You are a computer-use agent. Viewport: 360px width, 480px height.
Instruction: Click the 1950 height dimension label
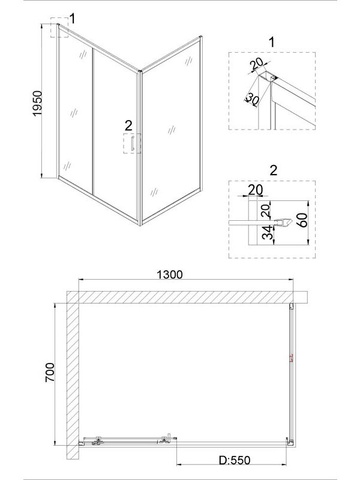pyautogui.click(x=37, y=103)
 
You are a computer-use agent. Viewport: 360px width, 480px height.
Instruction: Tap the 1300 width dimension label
pyautogui.click(x=170, y=275)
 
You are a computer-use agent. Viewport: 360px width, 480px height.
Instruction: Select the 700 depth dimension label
pyautogui.click(x=50, y=372)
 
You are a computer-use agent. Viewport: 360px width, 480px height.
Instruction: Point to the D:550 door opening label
pyautogui.click(x=235, y=460)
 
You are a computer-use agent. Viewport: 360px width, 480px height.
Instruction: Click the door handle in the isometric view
pyautogui.click(x=133, y=143)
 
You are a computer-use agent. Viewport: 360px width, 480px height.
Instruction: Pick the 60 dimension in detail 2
pyautogui.click(x=302, y=220)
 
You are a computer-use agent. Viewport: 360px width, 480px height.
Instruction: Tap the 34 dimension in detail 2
pyautogui.click(x=268, y=232)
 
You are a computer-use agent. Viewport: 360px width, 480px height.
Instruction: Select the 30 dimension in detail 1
pyautogui.click(x=252, y=99)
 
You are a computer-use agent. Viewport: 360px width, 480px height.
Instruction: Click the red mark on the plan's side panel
pyautogui.click(x=291, y=358)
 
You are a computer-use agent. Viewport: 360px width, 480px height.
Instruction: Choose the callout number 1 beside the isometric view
pyautogui.click(x=72, y=19)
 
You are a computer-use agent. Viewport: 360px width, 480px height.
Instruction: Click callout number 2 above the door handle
pyautogui.click(x=128, y=126)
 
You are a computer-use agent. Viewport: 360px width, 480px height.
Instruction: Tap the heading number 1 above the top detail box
pyautogui.click(x=272, y=42)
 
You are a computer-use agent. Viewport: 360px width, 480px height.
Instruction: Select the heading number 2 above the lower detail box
pyautogui.click(x=273, y=170)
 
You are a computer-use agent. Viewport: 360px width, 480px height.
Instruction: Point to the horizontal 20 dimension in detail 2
pyautogui.click(x=256, y=190)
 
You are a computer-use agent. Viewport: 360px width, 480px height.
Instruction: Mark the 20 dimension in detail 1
pyautogui.click(x=257, y=64)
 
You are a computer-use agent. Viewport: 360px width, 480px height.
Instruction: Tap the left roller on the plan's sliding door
pyautogui.click(x=98, y=440)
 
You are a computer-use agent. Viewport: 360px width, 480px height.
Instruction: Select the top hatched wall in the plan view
pyautogui.click(x=187, y=297)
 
